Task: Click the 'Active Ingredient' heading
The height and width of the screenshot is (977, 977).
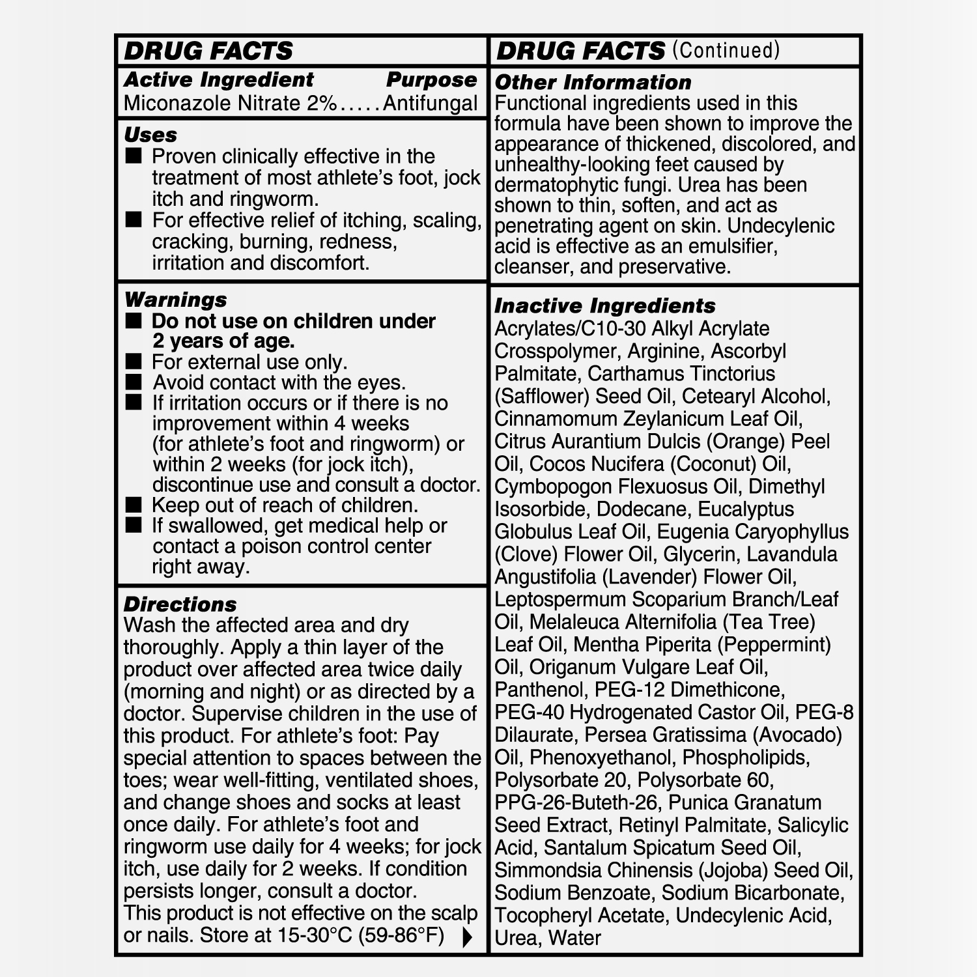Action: tap(219, 80)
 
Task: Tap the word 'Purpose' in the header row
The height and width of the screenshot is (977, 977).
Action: tap(431, 80)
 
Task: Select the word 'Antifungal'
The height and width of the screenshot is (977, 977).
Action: tap(431, 104)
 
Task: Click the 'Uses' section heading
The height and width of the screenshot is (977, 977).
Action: tap(150, 135)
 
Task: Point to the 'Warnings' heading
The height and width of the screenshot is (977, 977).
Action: tap(175, 300)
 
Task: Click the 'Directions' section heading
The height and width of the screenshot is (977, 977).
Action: tap(180, 604)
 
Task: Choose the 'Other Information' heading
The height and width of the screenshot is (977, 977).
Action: tap(593, 83)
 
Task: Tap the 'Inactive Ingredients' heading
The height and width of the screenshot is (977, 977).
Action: tap(604, 305)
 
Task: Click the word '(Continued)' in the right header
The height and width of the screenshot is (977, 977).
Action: tap(726, 51)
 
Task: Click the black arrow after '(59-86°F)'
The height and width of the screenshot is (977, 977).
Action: tap(466, 937)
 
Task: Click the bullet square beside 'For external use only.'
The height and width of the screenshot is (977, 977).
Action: tap(134, 361)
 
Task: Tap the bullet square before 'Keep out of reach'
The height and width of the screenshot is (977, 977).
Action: tap(134, 505)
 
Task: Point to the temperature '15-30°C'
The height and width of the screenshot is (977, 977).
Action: tap(309, 935)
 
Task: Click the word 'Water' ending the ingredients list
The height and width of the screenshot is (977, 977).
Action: tap(574, 938)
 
